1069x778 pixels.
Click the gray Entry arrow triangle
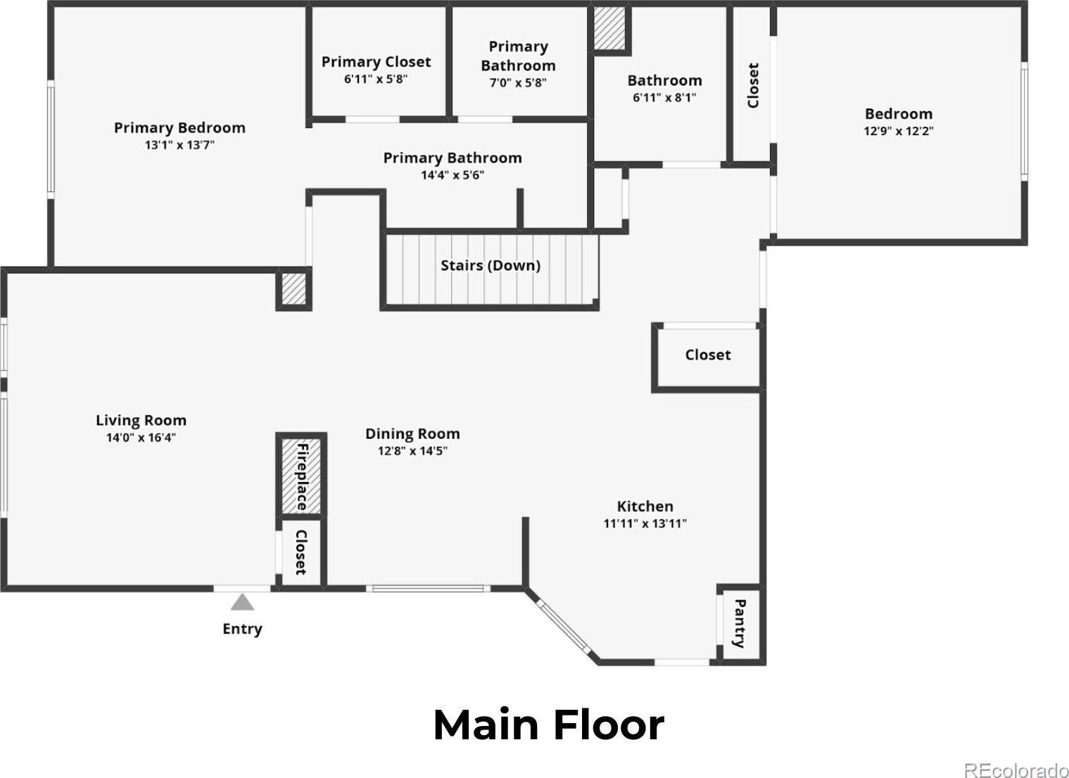(x=242, y=602)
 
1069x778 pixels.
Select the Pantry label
(x=739, y=624)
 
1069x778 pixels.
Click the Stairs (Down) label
(x=490, y=265)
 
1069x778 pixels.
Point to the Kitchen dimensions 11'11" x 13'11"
(x=645, y=523)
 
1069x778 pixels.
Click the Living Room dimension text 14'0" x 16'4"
(x=141, y=438)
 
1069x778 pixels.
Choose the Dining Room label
(x=412, y=433)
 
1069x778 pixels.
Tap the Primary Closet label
(x=376, y=61)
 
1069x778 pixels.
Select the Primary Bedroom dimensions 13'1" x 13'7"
(x=180, y=144)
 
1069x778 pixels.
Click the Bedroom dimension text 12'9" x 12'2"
(x=899, y=131)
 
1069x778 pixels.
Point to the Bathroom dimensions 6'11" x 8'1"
(x=664, y=98)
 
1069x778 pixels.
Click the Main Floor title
(x=549, y=725)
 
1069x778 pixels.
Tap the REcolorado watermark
(x=1016, y=770)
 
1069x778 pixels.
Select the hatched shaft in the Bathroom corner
(x=609, y=28)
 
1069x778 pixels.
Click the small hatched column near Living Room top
(x=293, y=288)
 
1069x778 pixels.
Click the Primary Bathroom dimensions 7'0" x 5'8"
(x=518, y=82)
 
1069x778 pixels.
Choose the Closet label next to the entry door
(x=301, y=552)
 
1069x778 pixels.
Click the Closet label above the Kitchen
(x=708, y=355)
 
